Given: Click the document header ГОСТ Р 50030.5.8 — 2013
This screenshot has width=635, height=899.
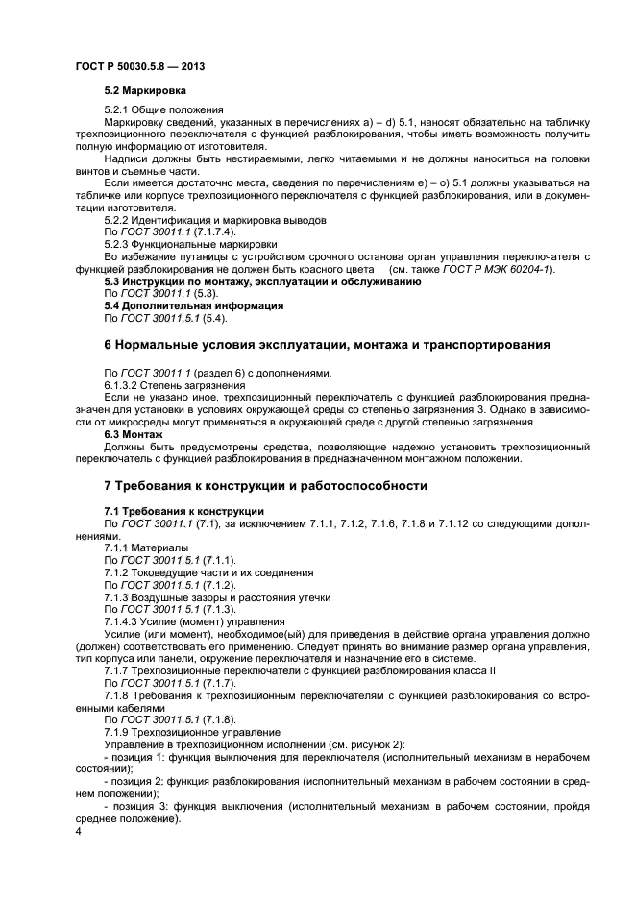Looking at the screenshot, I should point(139,66).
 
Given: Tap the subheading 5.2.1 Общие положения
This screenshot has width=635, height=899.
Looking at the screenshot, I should point(163,109).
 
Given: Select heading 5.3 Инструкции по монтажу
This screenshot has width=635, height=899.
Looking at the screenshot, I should point(261,281).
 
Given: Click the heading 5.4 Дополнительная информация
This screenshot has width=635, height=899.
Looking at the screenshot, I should point(193,305).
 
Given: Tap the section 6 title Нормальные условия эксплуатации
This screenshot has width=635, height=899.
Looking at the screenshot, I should point(326,344).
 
